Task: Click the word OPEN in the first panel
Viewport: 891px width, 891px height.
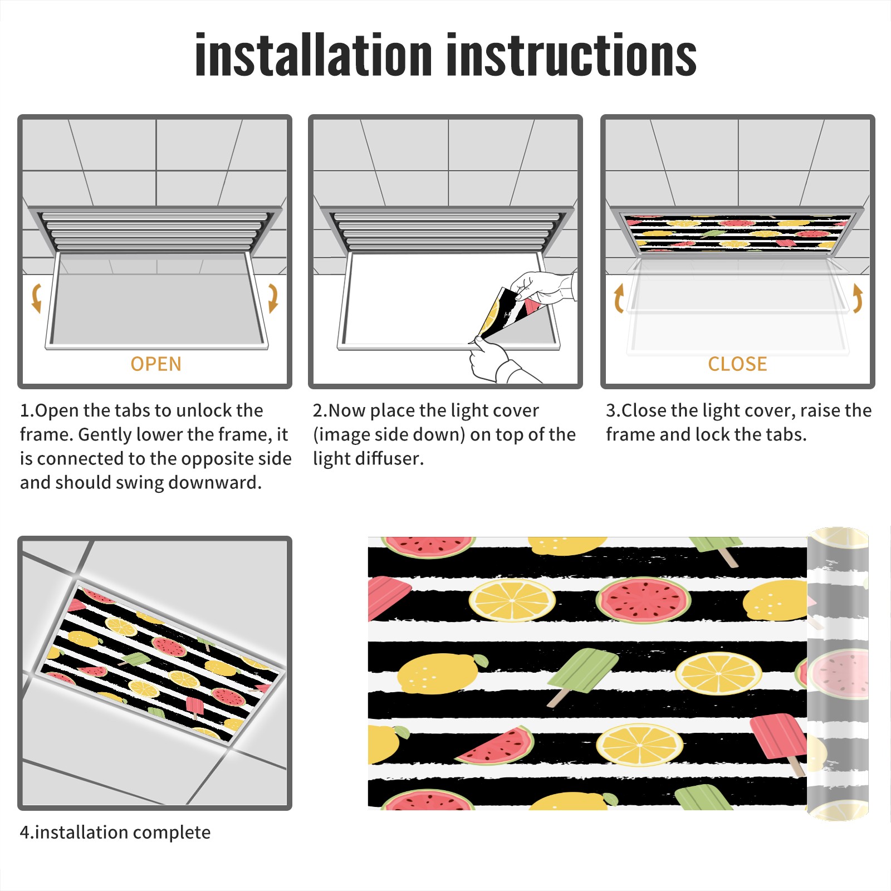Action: point(156,364)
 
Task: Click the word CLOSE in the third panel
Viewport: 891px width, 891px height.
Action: point(737,364)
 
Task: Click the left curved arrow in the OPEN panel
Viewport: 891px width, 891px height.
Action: point(36,298)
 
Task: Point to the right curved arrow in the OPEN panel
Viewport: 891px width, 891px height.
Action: point(273,298)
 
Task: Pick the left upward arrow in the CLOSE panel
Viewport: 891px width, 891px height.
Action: point(619,298)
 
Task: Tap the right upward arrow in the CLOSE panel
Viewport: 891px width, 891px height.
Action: point(858,298)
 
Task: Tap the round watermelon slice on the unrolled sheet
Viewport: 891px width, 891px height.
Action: point(644,600)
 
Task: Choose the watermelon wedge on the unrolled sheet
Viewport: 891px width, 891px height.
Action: point(496,746)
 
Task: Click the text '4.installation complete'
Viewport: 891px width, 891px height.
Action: point(115,833)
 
